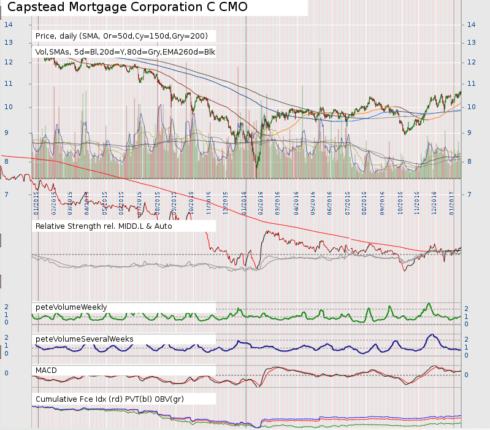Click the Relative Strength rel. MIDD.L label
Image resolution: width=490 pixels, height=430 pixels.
click(104, 226)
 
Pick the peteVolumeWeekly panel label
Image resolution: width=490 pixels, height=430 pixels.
click(71, 307)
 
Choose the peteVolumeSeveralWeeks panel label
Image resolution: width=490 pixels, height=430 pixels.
click(84, 339)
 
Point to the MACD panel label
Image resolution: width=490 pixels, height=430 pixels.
click(47, 370)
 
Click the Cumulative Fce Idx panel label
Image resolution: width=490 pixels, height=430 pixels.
click(109, 399)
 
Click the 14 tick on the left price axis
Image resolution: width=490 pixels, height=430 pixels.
click(8, 25)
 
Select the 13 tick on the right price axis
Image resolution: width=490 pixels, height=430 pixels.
click(472, 42)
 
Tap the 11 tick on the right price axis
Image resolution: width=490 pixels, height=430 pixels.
click(472, 83)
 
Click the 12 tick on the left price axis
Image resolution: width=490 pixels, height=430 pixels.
click(8, 62)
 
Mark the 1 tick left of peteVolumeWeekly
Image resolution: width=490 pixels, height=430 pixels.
click(6, 315)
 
